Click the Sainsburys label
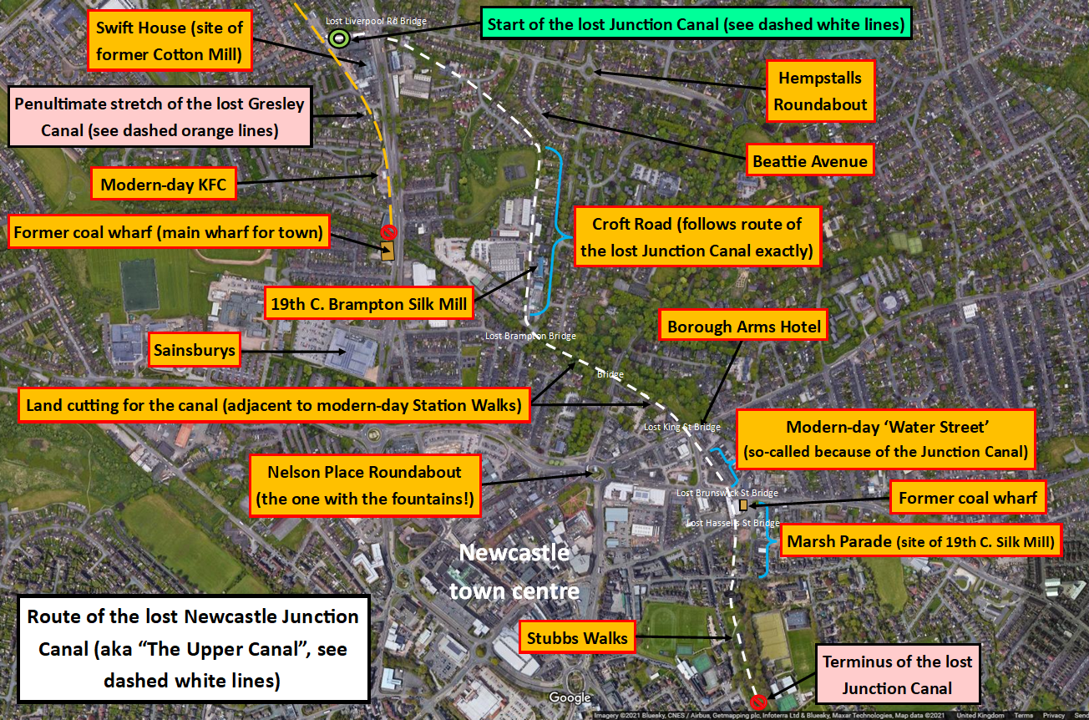pyautogui.click(x=195, y=351)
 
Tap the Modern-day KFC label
pyautogui.click(x=163, y=185)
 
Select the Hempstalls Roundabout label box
pyautogui.click(x=821, y=92)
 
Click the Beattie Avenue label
pyautogui.click(x=809, y=161)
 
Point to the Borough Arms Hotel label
pyautogui.click(x=743, y=327)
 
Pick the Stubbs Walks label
pyautogui.click(x=577, y=639)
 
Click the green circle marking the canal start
pyautogui.click(x=338, y=38)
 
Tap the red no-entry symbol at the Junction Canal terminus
pyautogui.click(x=758, y=702)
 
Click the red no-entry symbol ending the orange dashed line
pyautogui.click(x=387, y=232)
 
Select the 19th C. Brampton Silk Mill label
pyautogui.click(x=368, y=304)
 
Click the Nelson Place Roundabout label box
pyautogui.click(x=366, y=486)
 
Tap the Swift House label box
pyautogui.click(x=170, y=41)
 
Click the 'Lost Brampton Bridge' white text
pyautogui.click(x=530, y=336)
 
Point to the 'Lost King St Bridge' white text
pyautogui.click(x=681, y=427)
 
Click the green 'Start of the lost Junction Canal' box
pyautogui.click(x=696, y=24)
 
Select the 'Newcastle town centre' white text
pyautogui.click(x=514, y=571)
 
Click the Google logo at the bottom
pyautogui.click(x=570, y=697)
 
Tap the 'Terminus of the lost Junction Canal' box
pyautogui.click(x=897, y=675)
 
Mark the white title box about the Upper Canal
pyautogui.click(x=193, y=648)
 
